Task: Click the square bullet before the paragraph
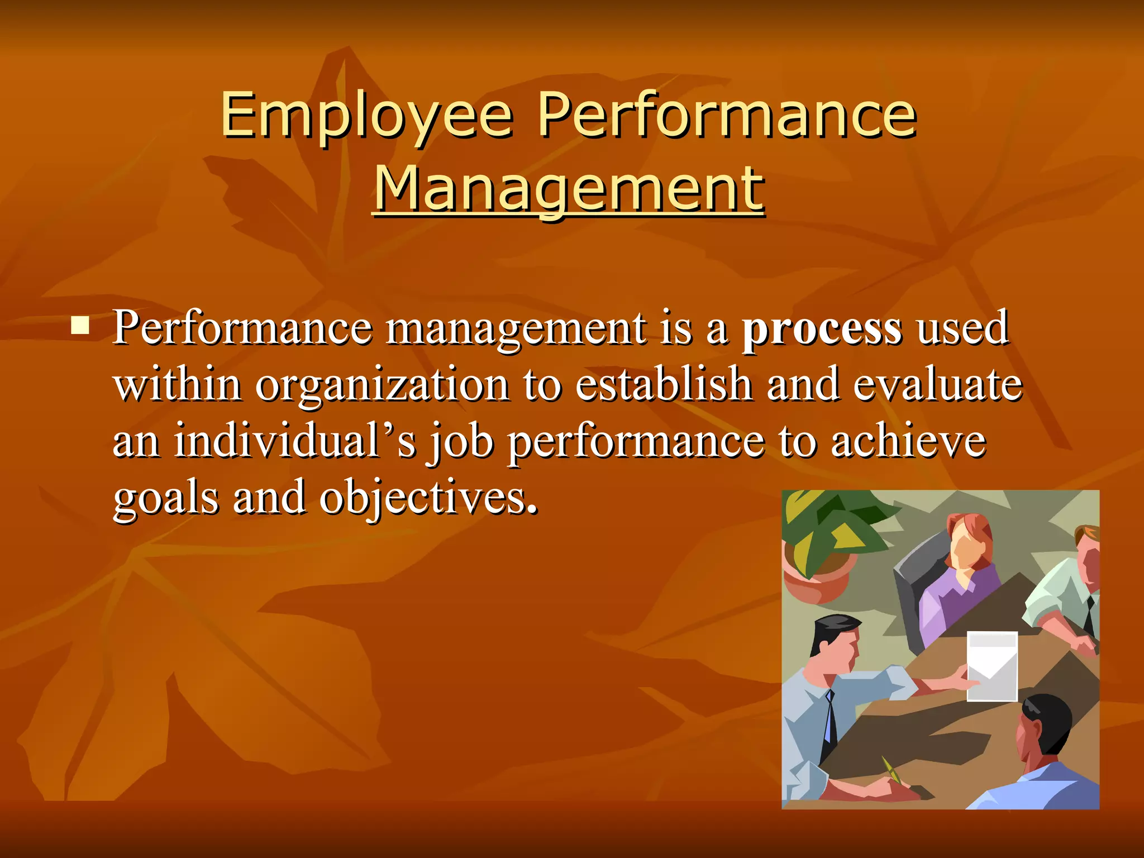(80, 325)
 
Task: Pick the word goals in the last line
(166, 497)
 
